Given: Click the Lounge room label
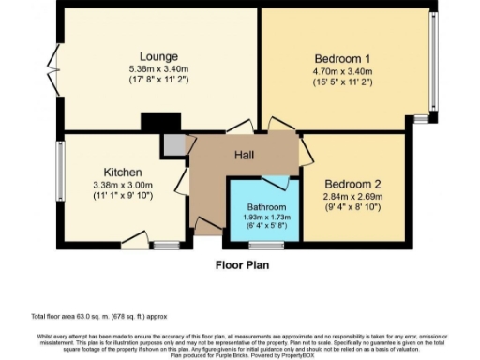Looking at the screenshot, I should coord(152,57).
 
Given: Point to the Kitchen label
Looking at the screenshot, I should coord(123,172).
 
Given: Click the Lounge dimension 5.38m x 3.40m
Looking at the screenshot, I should coord(152,69).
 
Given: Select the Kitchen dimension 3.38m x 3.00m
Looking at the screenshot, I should coord(123,186).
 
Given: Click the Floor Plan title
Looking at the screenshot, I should coord(246,265).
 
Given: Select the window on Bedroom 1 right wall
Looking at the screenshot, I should coord(432,61).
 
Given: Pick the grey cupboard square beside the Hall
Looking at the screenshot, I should coord(173,144).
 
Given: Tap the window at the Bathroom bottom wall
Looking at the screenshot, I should coord(267,245).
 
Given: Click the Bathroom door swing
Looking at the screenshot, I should coord(277,182).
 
